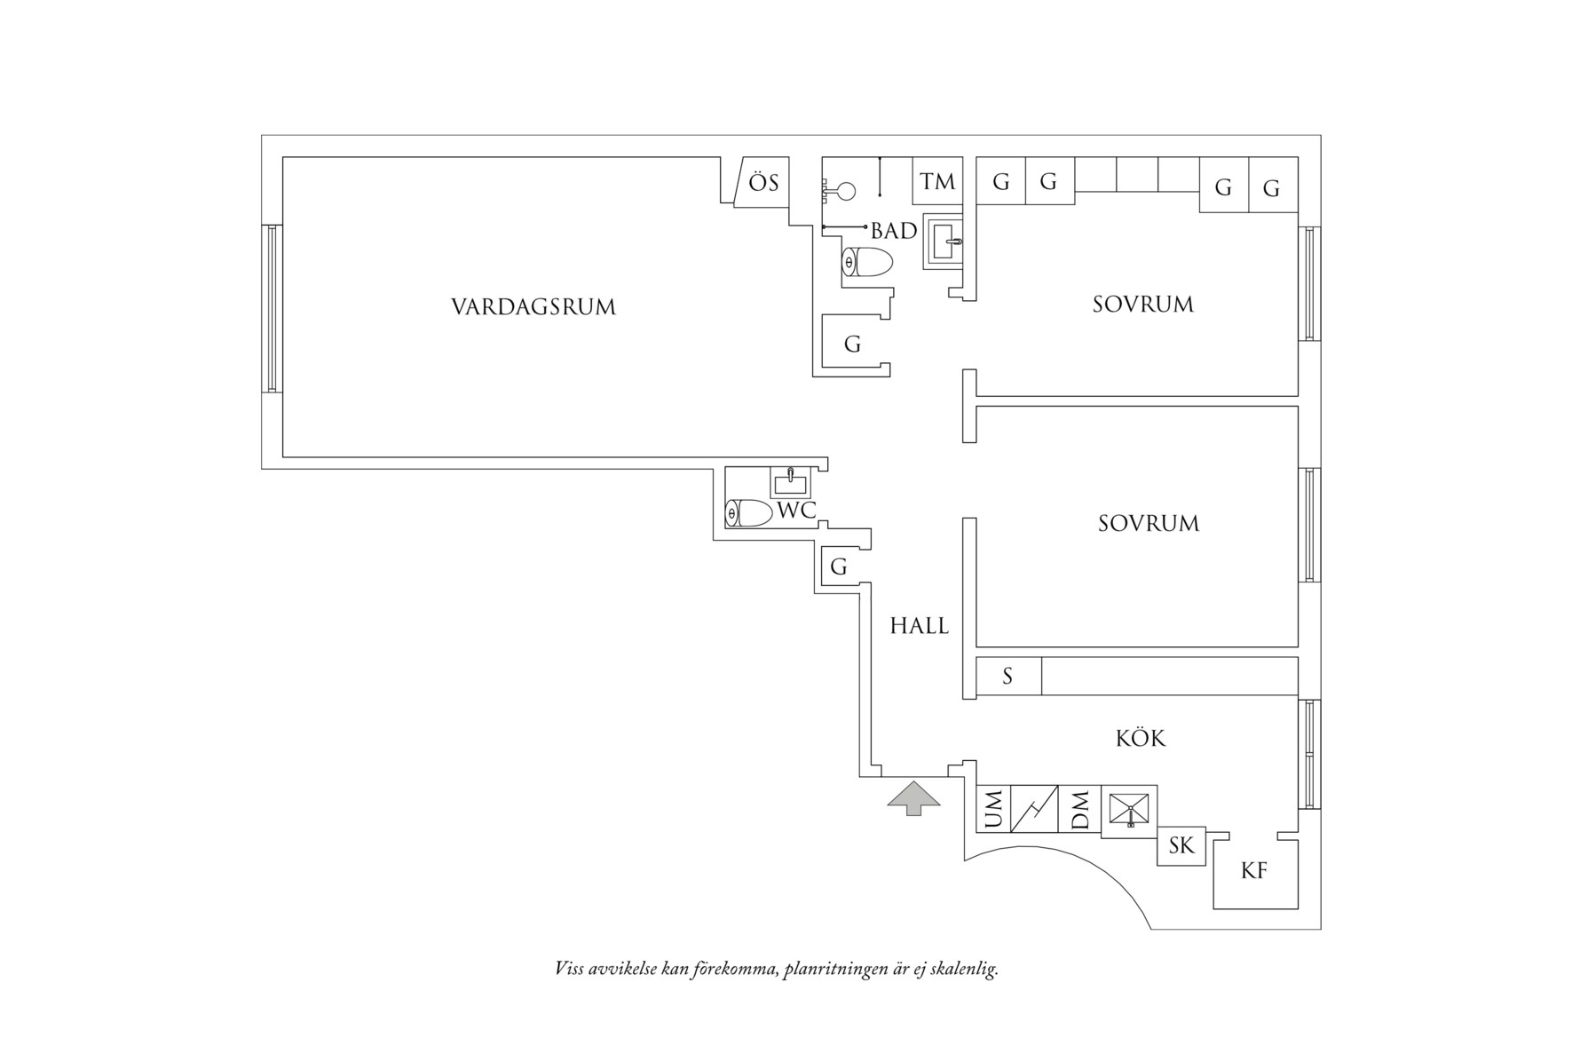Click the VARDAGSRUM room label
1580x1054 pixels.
pos(533,307)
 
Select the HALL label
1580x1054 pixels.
pos(919,626)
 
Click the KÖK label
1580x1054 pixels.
pos(1140,738)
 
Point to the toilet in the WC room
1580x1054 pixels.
pos(747,513)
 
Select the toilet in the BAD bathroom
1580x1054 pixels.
pos(866,263)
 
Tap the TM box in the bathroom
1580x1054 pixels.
pos(937,181)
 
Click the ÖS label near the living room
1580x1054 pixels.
pos(762,183)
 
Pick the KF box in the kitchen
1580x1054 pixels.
pos(1253,871)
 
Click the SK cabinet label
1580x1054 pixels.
pos(1181,845)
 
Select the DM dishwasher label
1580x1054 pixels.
pos(1079,809)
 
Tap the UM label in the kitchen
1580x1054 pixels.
pos(993,809)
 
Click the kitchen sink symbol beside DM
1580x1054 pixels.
pos(1129,811)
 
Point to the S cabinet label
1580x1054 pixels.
pos(1007,677)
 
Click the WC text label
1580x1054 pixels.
pos(796,511)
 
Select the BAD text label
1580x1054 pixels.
pos(893,231)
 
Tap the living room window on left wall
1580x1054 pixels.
pos(273,308)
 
